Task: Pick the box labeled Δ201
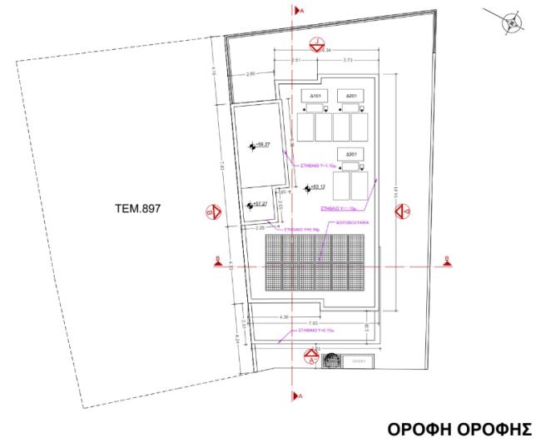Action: pyautogui.click(x=352, y=96)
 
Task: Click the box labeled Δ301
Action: pyautogui.click(x=352, y=155)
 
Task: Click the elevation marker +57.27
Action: pyautogui.click(x=258, y=203)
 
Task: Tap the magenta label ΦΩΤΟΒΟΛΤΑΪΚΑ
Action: pyautogui.click(x=347, y=224)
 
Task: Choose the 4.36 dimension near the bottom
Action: pyautogui.click(x=283, y=316)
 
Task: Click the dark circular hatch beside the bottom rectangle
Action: pyautogui.click(x=331, y=361)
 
